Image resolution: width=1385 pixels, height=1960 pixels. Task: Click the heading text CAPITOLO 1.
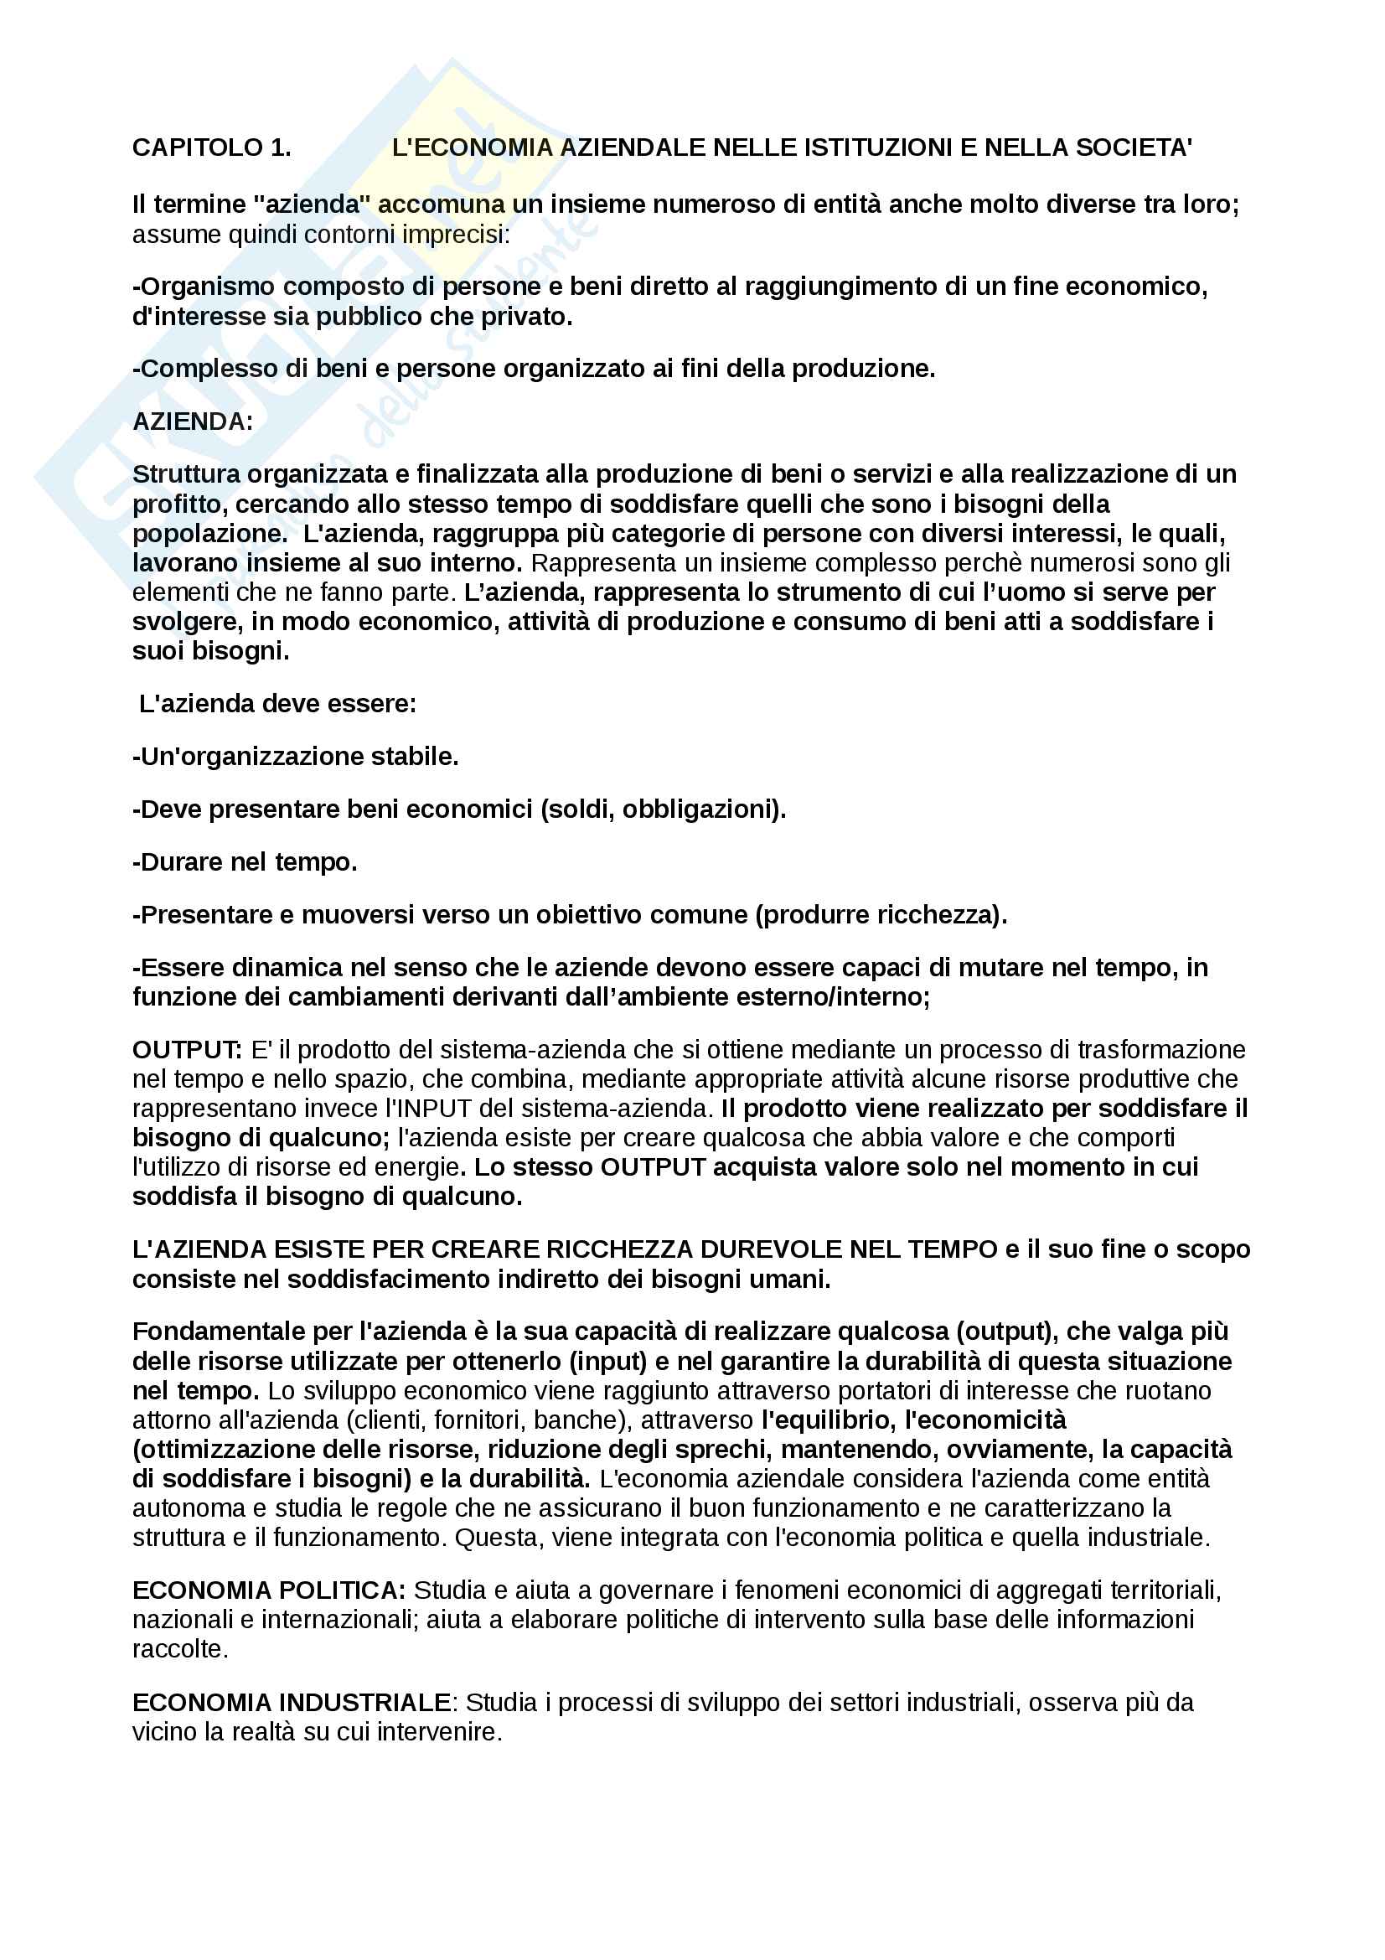[211, 147]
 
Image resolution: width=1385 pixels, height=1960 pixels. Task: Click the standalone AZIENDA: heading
[193, 421]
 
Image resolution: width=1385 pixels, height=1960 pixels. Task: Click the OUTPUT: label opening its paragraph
[188, 1049]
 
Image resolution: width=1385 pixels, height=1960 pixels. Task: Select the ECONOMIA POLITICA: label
[269, 1590]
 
